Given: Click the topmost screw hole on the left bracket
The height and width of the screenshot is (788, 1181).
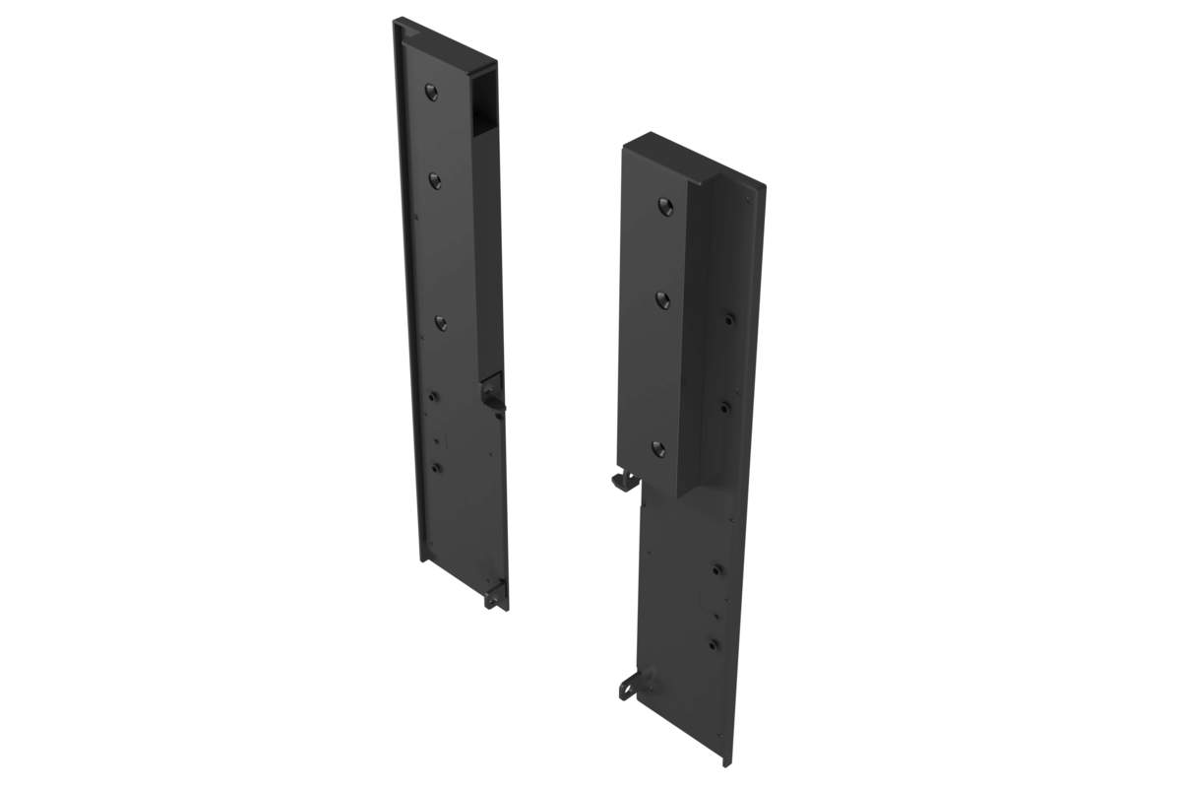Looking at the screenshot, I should (x=430, y=92).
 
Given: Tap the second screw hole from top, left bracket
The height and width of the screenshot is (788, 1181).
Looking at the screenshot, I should (x=434, y=179).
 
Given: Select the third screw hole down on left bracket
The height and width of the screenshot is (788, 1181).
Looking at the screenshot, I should (x=440, y=322).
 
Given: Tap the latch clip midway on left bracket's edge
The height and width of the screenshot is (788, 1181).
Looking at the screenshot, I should (x=491, y=395).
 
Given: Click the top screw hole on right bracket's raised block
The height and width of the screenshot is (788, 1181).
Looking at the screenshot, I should (x=664, y=206).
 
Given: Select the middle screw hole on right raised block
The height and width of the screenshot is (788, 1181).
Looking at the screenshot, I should (x=661, y=298).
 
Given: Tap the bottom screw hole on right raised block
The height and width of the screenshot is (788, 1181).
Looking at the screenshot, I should (x=657, y=449).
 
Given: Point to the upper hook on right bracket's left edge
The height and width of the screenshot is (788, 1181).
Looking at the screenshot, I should (x=620, y=479).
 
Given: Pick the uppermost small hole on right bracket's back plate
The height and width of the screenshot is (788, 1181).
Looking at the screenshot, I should (x=728, y=319).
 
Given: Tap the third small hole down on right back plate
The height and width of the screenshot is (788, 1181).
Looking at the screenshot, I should (x=717, y=568).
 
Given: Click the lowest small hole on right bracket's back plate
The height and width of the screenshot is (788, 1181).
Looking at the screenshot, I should (x=714, y=644).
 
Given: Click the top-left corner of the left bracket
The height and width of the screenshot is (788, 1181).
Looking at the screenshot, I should (x=395, y=20).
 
